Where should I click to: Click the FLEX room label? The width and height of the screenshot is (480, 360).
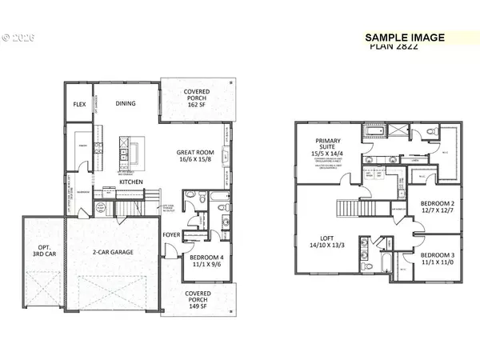79,104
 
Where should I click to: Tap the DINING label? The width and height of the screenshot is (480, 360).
126,103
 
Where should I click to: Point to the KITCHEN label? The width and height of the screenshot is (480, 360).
131,182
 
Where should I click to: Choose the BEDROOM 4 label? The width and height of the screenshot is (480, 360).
206,258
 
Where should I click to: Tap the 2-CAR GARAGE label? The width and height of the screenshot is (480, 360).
112,250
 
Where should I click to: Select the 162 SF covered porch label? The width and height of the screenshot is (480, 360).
196,97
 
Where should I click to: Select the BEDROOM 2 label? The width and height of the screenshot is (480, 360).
437,203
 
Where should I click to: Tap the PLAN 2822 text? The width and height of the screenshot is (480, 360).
396,46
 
